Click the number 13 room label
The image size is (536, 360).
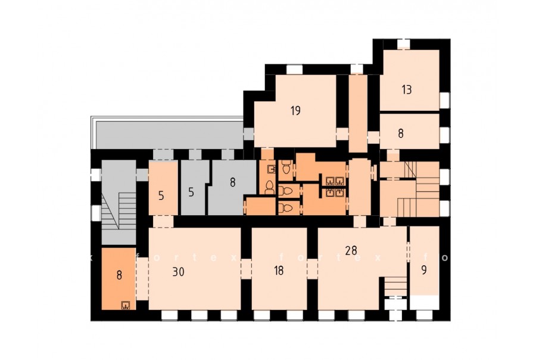407,89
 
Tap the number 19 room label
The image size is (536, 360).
295,110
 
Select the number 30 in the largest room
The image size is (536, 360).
179,272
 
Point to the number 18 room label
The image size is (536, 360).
279,271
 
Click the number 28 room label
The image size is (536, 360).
351,250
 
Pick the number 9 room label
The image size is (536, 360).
424,270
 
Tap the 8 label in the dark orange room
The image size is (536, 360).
119,275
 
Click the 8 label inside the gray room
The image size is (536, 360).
233,182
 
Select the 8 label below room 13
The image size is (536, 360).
401,133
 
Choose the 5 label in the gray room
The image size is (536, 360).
191,193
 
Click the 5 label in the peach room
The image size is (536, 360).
161,195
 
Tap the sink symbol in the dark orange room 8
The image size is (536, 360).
126,305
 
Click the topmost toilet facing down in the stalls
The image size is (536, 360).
286,168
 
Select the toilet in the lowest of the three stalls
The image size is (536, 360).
286,207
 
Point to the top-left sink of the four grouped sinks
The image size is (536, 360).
330,181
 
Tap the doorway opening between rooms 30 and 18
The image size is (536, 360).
246,269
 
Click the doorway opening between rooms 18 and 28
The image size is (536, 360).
313,269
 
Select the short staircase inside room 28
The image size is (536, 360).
395,286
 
